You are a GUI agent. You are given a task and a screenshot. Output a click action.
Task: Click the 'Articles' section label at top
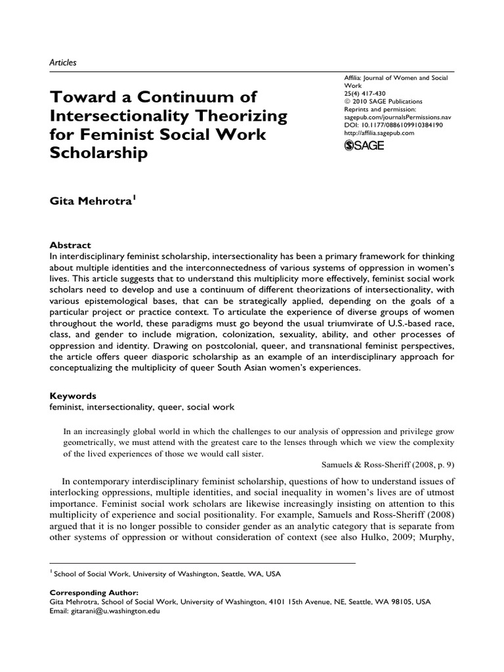pos(64,63)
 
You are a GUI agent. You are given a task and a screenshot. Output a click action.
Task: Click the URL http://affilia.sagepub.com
pos(379,133)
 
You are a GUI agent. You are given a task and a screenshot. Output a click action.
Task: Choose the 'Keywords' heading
pos(73,396)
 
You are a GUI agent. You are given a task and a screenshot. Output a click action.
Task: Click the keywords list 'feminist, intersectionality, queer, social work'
pos(142,407)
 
